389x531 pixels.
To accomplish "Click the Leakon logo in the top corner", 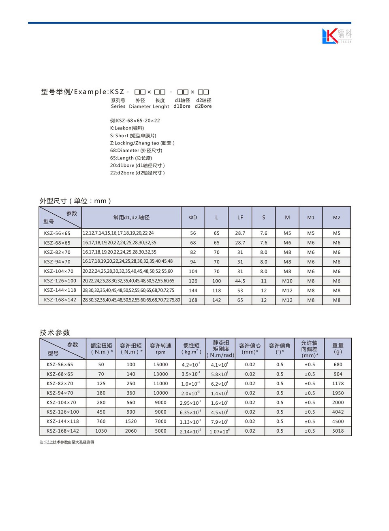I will click(x=336, y=36).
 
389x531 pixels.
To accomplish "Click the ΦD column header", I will click(x=193, y=218).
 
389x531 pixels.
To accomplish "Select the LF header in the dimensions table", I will click(x=240, y=218).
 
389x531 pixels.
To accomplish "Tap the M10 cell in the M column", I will click(x=287, y=281).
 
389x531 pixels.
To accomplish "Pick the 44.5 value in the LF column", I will click(x=240, y=281).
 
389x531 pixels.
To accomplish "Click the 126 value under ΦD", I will click(x=193, y=281).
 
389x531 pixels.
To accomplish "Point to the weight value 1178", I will click(x=338, y=384).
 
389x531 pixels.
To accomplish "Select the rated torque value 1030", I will click(x=101, y=431).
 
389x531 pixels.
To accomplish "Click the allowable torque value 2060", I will click(x=131, y=431).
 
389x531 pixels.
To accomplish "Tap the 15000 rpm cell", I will click(x=160, y=365).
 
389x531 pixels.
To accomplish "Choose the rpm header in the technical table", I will click(x=160, y=352).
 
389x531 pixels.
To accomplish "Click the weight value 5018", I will click(x=338, y=431).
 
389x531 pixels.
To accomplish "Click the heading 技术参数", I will click(x=55, y=333).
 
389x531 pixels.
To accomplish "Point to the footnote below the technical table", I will click(x=67, y=442).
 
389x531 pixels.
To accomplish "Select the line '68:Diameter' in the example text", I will click(x=136, y=151).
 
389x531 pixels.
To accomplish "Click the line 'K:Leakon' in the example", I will click(x=127, y=128).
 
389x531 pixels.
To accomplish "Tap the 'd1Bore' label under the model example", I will click(x=182, y=106).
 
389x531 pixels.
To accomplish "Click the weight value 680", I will click(x=338, y=365).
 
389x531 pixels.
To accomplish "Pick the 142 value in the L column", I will click(x=217, y=300).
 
